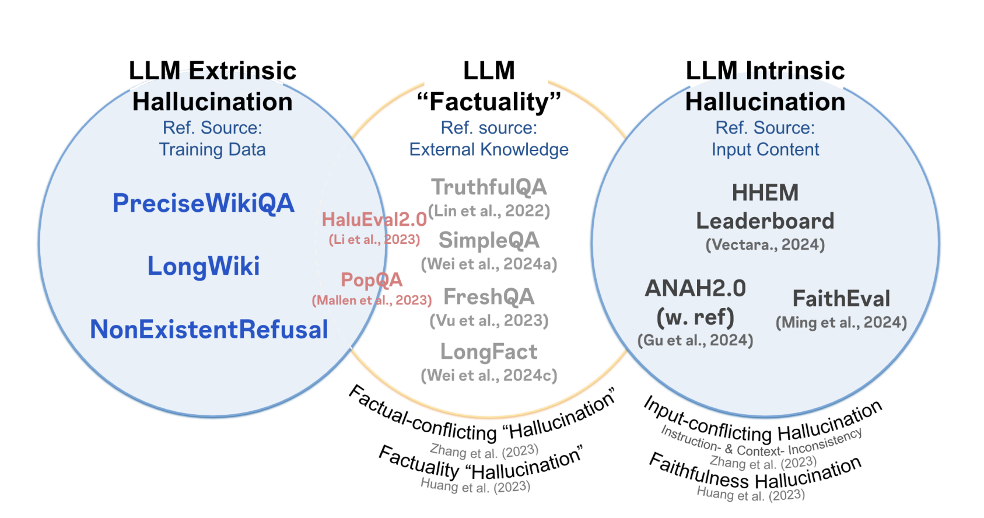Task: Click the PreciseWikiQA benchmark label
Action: coord(203,204)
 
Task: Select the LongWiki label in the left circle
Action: coord(203,267)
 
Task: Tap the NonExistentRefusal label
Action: coord(209,330)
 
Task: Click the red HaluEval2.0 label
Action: coord(374,220)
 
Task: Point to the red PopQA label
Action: coord(372,280)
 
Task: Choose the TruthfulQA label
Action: coord(489,187)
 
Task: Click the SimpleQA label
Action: coord(489,240)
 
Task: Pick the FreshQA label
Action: coord(489,297)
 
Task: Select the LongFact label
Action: coord(489,352)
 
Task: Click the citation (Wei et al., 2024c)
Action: coord(489,375)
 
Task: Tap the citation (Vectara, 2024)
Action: coord(765,244)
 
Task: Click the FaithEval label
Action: coord(841,299)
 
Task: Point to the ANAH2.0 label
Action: coord(695,289)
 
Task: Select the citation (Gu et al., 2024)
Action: coord(695,340)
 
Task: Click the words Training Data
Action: coord(212,150)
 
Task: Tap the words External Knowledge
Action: coord(489,150)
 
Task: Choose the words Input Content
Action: coord(765,150)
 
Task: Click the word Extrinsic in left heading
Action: coord(243,71)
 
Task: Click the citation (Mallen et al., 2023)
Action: coord(372,300)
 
